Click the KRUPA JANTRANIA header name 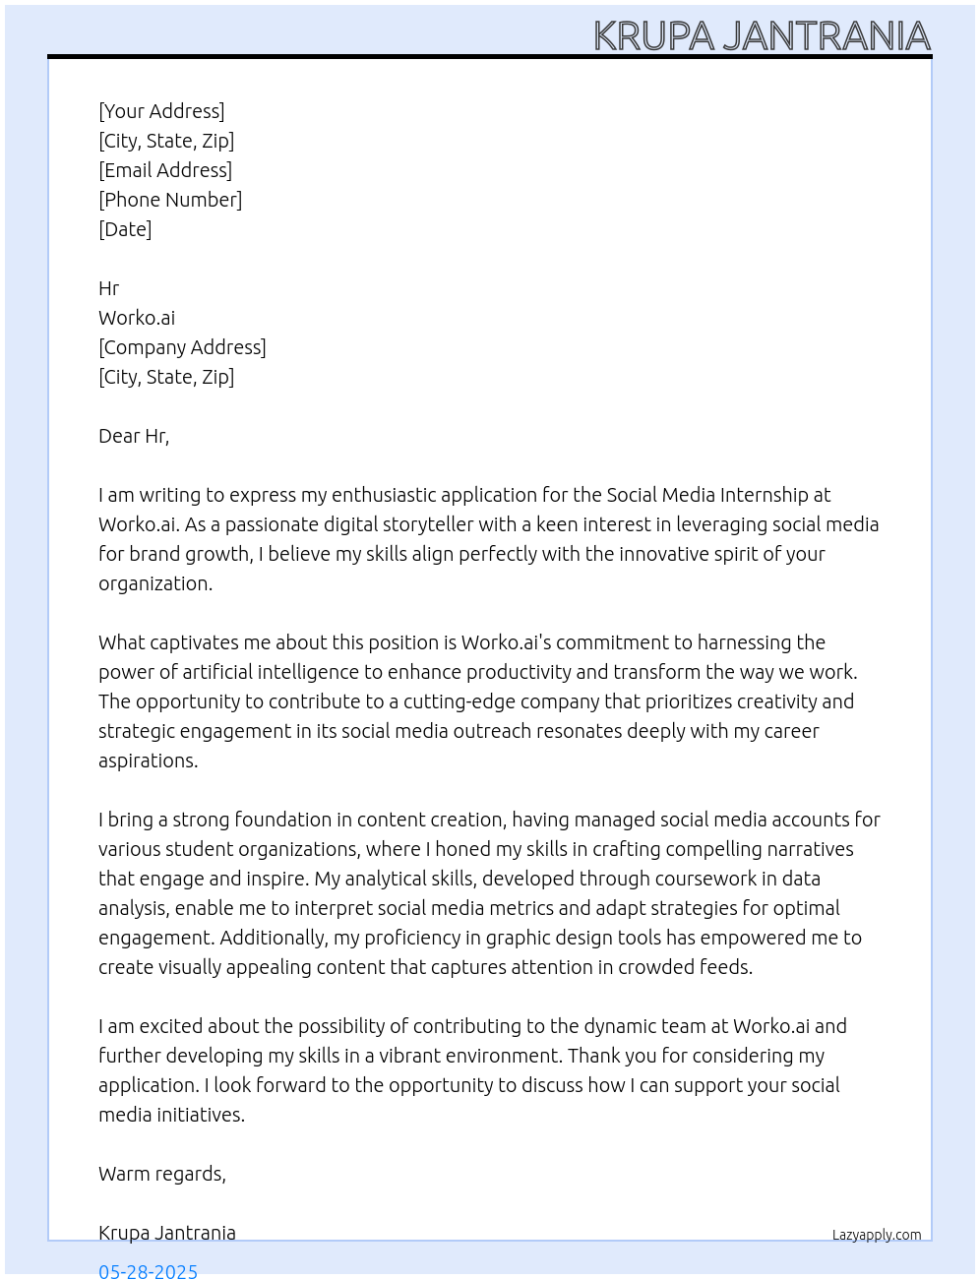point(762,35)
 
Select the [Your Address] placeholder point(161,111)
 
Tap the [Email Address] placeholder point(165,170)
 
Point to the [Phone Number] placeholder point(170,200)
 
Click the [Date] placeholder point(125,229)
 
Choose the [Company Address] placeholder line point(182,347)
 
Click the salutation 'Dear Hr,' point(134,436)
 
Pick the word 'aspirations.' point(149,761)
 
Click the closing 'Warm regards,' point(162,1174)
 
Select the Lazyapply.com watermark point(877,1235)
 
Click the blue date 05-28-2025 point(149,1270)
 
